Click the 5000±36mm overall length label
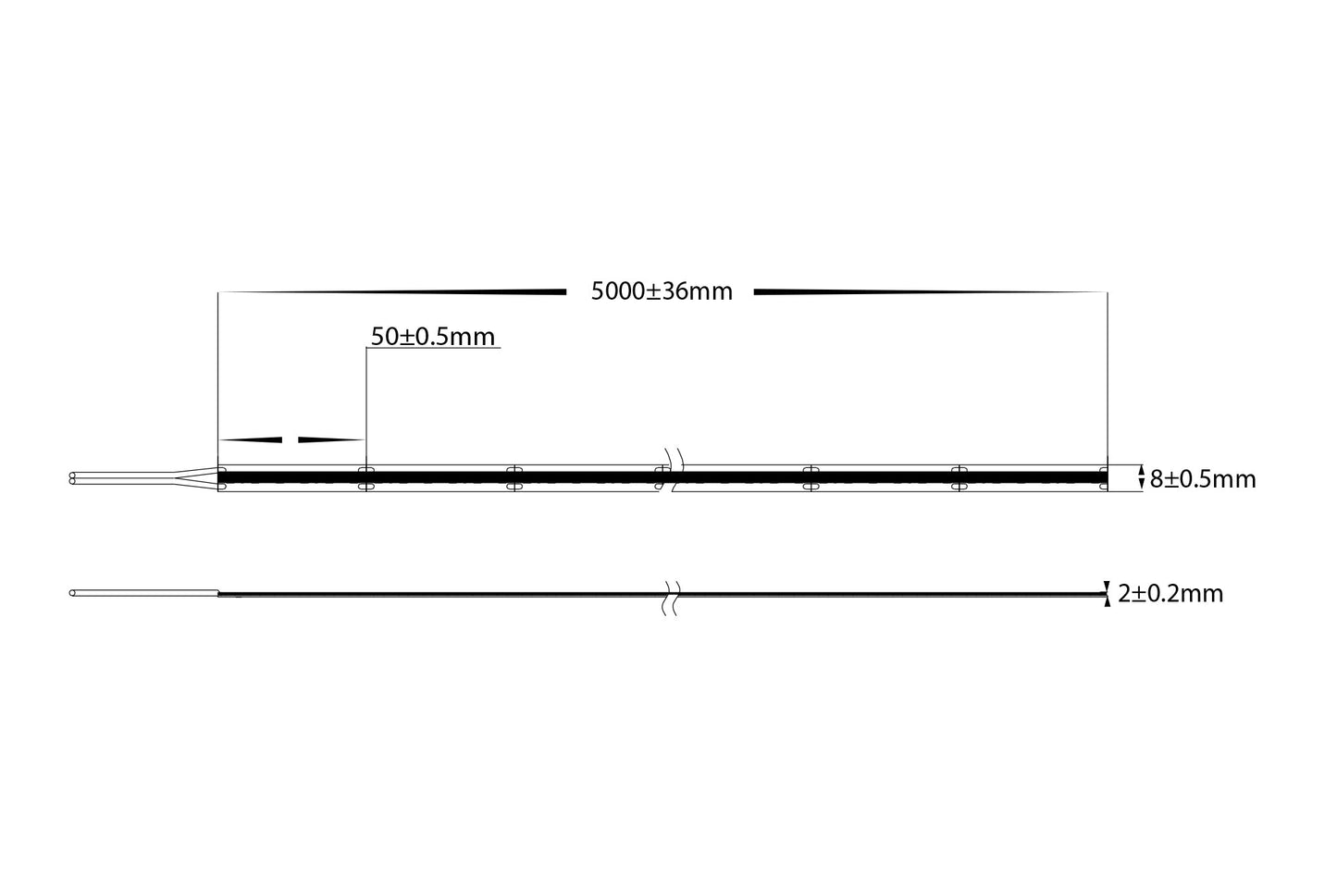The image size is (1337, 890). pyautogui.click(x=662, y=292)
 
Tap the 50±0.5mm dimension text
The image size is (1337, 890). pyautogui.click(x=433, y=336)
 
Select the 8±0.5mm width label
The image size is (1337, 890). pyautogui.click(x=1203, y=479)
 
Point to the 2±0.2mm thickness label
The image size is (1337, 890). pyautogui.click(x=1170, y=593)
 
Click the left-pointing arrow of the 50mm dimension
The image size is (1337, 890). pyautogui.click(x=251, y=439)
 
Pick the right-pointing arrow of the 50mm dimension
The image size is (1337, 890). pyautogui.click(x=330, y=439)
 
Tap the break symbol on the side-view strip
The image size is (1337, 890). pyautogui.click(x=673, y=599)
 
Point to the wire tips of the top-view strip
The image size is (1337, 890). pyautogui.click(x=73, y=479)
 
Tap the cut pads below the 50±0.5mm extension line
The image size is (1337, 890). pyautogui.click(x=366, y=478)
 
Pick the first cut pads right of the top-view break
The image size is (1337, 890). pyautogui.click(x=811, y=478)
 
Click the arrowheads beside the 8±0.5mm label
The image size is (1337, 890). pyautogui.click(x=1140, y=478)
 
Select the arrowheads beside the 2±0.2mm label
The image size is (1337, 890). pyautogui.click(x=1107, y=593)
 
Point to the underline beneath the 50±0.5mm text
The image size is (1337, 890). pyautogui.click(x=433, y=349)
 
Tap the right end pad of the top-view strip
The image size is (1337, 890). pyautogui.click(x=1103, y=478)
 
